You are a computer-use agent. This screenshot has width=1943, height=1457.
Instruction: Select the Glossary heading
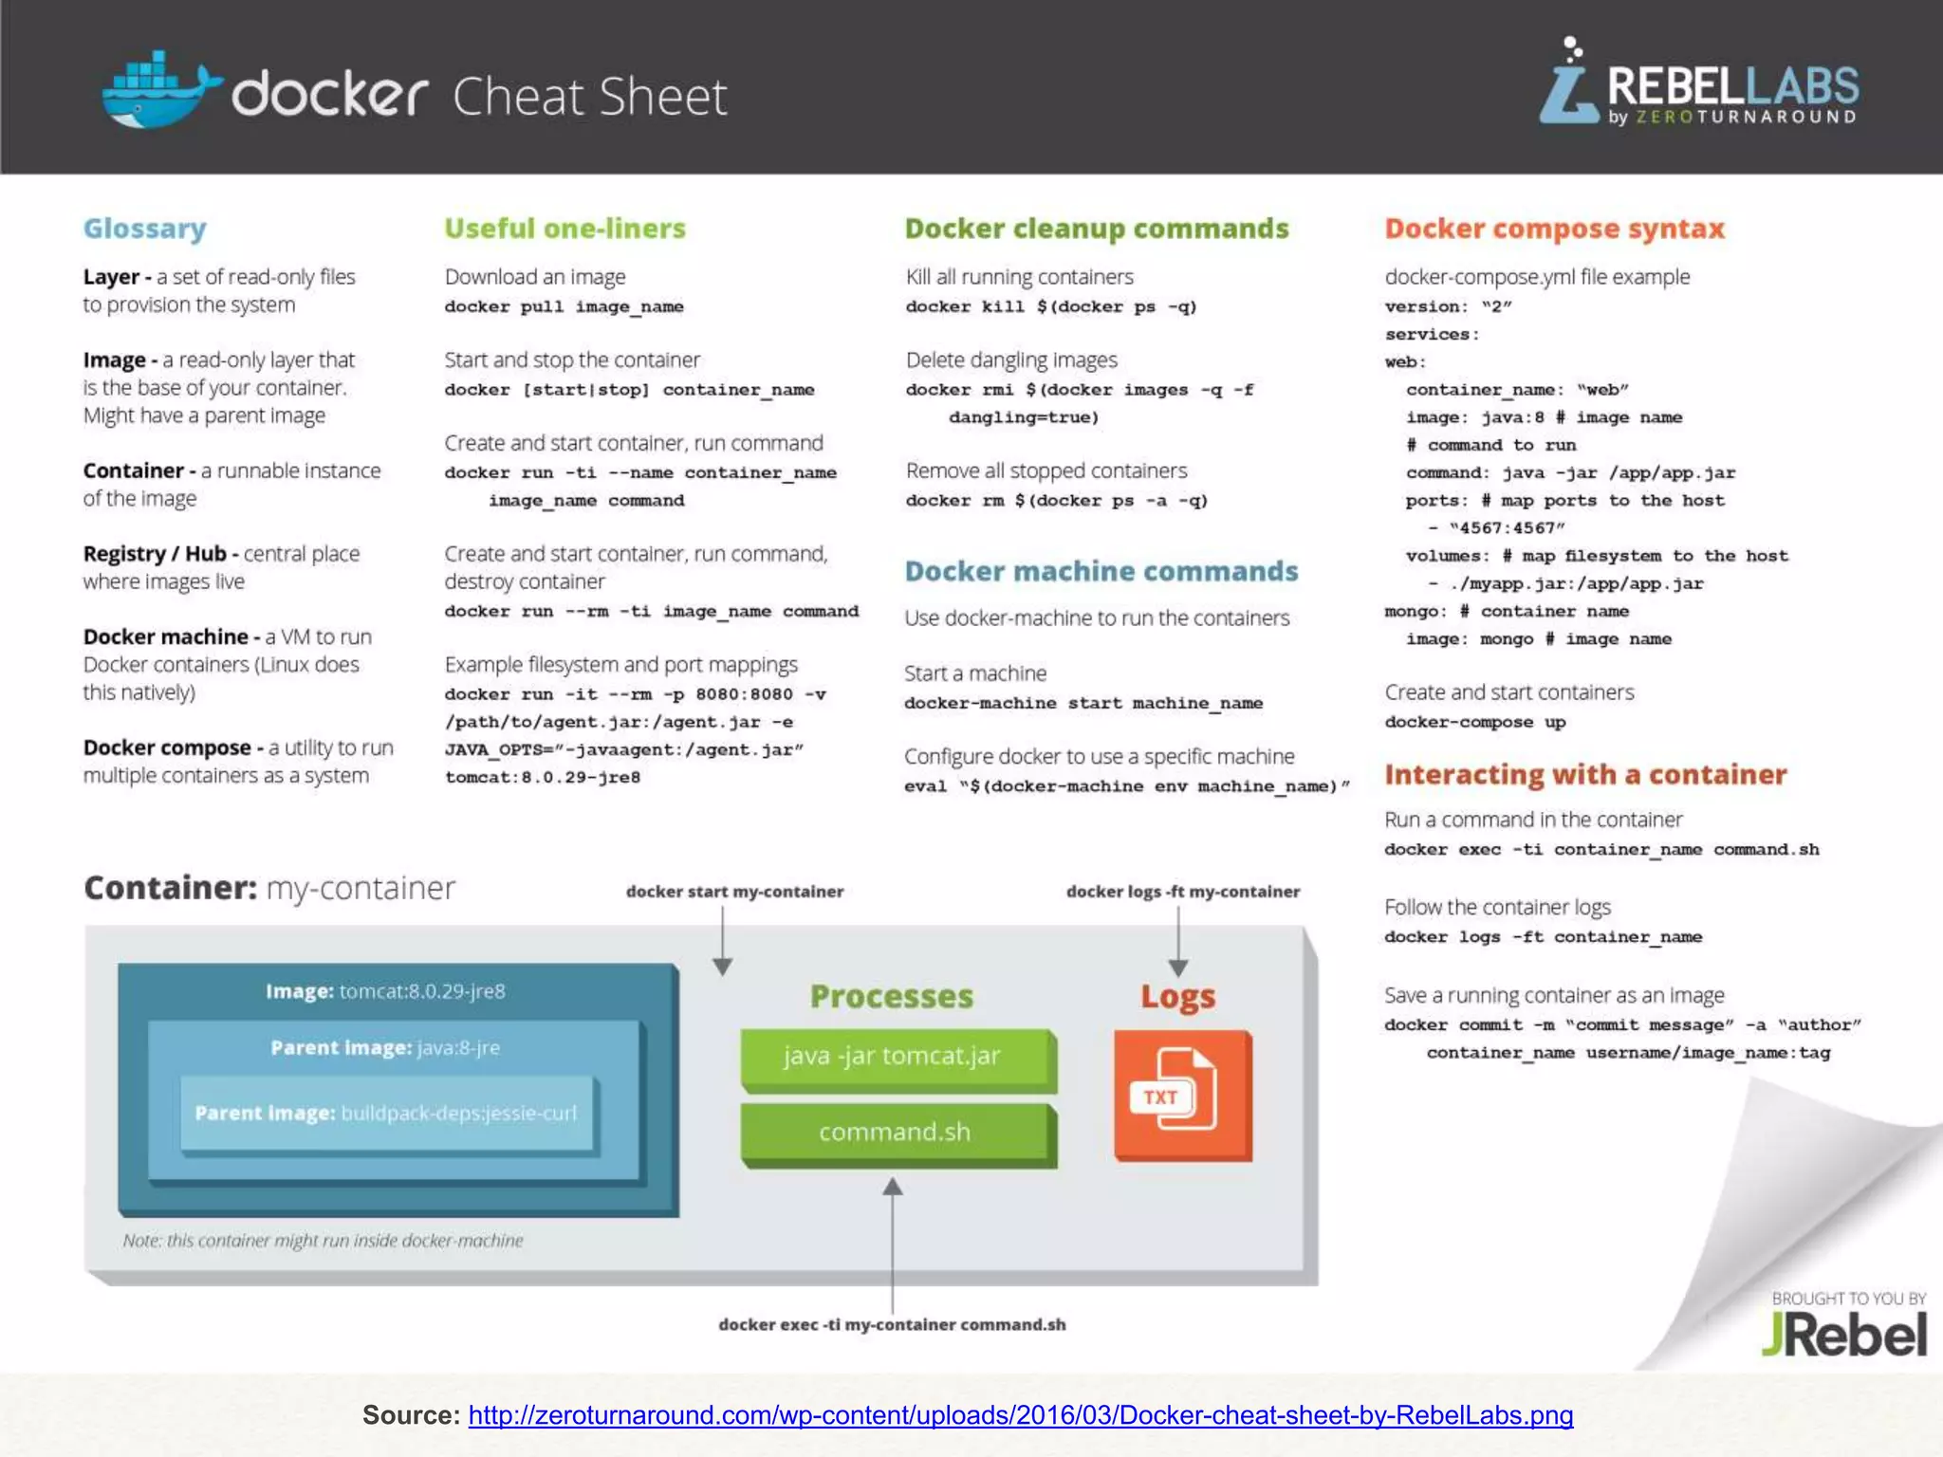pyautogui.click(x=145, y=229)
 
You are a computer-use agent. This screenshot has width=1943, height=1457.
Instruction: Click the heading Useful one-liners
pyautogui.click(x=564, y=229)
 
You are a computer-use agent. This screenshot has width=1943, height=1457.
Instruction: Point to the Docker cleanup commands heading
pyautogui.click(x=1096, y=229)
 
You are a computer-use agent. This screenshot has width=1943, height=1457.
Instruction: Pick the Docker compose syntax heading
pyautogui.click(x=1554, y=229)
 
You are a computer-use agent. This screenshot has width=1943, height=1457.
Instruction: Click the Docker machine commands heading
pyautogui.click(x=1101, y=571)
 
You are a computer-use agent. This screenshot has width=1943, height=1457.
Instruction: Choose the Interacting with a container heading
pyautogui.click(x=1585, y=775)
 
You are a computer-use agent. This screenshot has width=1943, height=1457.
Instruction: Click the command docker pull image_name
pyautogui.click(x=564, y=307)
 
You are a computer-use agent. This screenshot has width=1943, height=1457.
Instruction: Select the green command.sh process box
pyautogui.click(x=895, y=1133)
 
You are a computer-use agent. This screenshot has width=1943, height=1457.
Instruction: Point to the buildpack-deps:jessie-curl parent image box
pyautogui.click(x=386, y=1114)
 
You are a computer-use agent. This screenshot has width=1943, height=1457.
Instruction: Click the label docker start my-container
pyautogui.click(x=734, y=892)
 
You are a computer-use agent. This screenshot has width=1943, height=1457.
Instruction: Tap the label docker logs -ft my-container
pyautogui.click(x=1182, y=892)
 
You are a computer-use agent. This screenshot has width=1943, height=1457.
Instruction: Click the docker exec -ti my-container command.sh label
pyautogui.click(x=892, y=1325)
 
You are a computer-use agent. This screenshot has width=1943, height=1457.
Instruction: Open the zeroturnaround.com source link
pyautogui.click(x=1020, y=1415)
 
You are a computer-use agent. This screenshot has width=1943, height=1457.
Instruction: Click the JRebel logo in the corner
pyautogui.click(x=1844, y=1334)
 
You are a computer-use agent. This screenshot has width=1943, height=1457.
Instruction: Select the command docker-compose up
pyautogui.click(x=1474, y=723)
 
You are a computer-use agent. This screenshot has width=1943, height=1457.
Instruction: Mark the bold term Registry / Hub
pyautogui.click(x=155, y=554)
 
